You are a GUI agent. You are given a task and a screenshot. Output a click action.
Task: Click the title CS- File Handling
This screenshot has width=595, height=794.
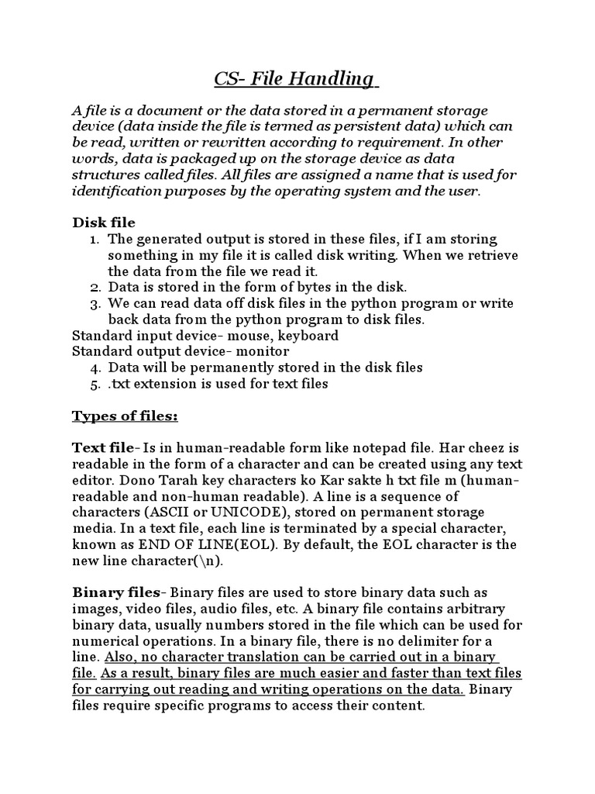[x=295, y=79]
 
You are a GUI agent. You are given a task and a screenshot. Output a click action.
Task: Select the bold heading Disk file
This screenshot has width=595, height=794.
[x=104, y=223]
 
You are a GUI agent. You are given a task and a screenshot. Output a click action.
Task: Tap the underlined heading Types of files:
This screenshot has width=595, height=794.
[x=125, y=417]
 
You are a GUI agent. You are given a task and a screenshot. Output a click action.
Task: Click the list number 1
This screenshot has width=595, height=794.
[x=95, y=240]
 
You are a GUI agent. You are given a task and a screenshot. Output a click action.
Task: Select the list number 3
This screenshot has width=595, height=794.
[x=95, y=303]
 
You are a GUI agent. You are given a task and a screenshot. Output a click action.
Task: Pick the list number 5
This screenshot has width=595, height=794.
[x=95, y=384]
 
